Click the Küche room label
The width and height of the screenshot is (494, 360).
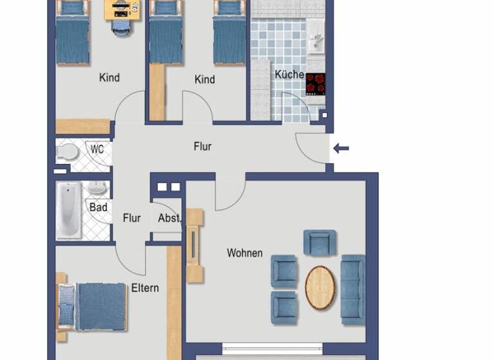click(x=289, y=75)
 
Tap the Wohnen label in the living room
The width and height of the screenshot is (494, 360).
click(x=244, y=253)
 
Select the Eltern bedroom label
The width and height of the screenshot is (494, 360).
click(x=145, y=288)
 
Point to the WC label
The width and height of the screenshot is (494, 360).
click(x=97, y=149)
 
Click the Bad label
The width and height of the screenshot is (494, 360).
click(x=98, y=208)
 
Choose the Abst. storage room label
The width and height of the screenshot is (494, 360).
click(x=170, y=219)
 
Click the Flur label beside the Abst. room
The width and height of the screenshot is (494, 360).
click(x=132, y=219)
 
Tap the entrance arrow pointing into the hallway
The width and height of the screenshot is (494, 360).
click(x=341, y=149)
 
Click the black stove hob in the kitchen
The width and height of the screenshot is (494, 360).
click(x=315, y=84)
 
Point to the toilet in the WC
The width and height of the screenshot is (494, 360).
click(x=66, y=152)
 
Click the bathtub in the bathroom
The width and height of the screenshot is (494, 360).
click(x=69, y=210)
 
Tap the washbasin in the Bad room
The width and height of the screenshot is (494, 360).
click(x=96, y=189)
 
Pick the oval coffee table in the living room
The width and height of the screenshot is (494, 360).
click(x=320, y=288)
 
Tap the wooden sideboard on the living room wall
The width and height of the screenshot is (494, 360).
click(x=194, y=246)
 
